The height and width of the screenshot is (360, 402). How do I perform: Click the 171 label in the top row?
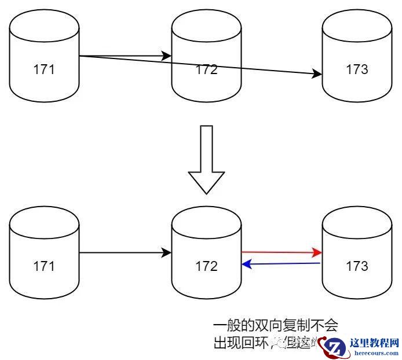pyautogui.click(x=44, y=70)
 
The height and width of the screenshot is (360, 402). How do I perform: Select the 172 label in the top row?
pyautogui.click(x=206, y=70)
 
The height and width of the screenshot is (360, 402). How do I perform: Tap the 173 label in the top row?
pyautogui.click(x=357, y=70)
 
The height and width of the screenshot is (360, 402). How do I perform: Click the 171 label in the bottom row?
pyautogui.click(x=44, y=266)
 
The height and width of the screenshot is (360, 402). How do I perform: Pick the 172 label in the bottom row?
pyautogui.click(x=206, y=266)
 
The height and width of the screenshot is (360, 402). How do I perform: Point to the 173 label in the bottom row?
pyautogui.click(x=357, y=266)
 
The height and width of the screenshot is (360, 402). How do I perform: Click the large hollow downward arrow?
pyautogui.click(x=206, y=159)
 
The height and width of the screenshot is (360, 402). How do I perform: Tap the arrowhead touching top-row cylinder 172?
pyautogui.click(x=167, y=56)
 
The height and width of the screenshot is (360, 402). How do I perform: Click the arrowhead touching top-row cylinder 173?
pyautogui.click(x=317, y=74)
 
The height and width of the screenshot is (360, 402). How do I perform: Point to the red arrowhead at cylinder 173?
pyautogui.click(x=317, y=252)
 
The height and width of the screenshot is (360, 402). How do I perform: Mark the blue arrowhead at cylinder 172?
pyautogui.click(x=246, y=265)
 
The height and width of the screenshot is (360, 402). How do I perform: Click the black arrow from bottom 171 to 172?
pyautogui.click(x=125, y=253)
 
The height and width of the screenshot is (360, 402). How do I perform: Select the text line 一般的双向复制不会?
pyautogui.click(x=275, y=325)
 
